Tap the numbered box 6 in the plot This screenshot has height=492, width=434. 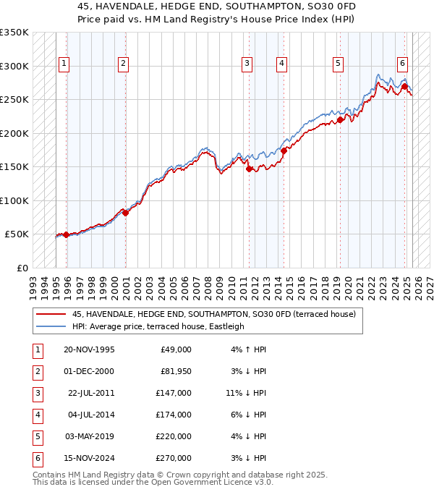pos(401,62)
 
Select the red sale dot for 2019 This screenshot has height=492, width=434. pos(340,120)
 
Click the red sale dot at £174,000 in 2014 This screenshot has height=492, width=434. pos(284,150)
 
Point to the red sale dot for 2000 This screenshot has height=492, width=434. pos(125,213)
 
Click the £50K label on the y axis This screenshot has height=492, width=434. pos(17,234)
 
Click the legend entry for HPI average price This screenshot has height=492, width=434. pos(158,326)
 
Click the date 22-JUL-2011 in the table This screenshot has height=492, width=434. pos(91,393)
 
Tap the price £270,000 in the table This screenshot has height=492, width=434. pos(174,458)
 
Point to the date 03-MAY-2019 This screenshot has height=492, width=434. pos(90,436)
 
